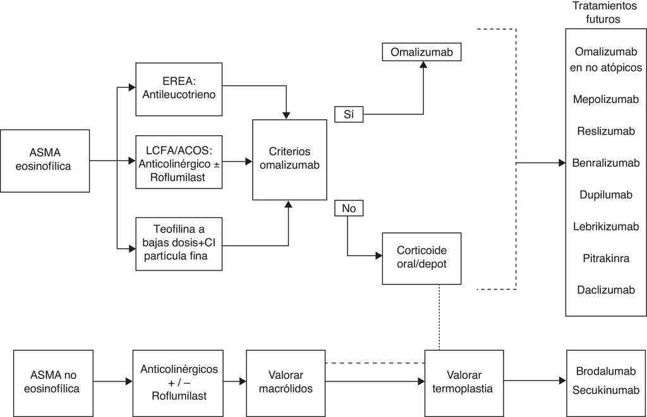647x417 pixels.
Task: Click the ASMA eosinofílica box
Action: click(45, 160)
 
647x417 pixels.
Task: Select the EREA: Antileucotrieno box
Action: click(179, 89)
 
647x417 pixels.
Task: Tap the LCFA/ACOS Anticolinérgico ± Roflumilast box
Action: click(179, 161)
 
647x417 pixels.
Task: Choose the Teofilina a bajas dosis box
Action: click(179, 243)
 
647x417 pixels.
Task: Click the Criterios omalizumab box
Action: click(289, 160)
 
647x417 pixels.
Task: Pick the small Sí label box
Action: click(348, 114)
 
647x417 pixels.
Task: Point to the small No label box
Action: click(348, 208)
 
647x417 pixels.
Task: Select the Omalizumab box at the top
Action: click(421, 52)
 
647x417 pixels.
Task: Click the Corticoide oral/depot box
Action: click(421, 258)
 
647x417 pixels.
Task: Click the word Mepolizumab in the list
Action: click(605, 99)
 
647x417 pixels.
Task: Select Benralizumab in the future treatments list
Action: click(605, 163)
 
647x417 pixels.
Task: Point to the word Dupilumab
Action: click(605, 195)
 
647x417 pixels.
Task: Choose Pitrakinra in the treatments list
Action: click(605, 258)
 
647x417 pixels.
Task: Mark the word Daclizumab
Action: click(605, 290)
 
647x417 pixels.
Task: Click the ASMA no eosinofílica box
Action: click(53, 382)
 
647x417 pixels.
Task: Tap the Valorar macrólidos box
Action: click(286, 382)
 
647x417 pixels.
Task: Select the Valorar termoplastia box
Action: click(464, 382)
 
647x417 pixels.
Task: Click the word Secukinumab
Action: click(605, 390)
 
